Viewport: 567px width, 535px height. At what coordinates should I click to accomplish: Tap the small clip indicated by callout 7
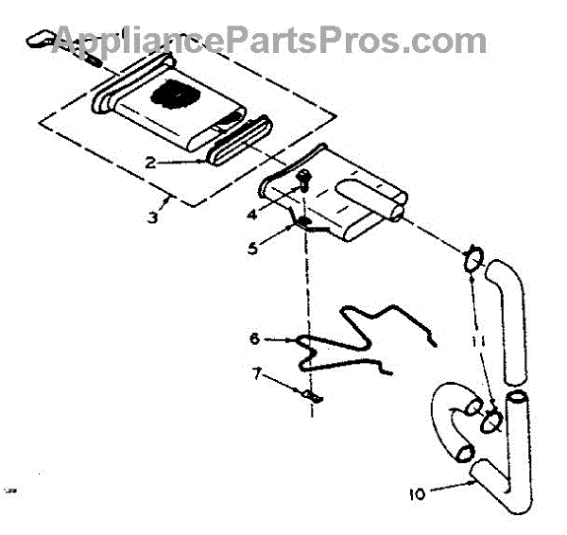(313, 398)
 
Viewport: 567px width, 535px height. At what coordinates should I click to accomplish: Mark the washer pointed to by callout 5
(306, 223)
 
